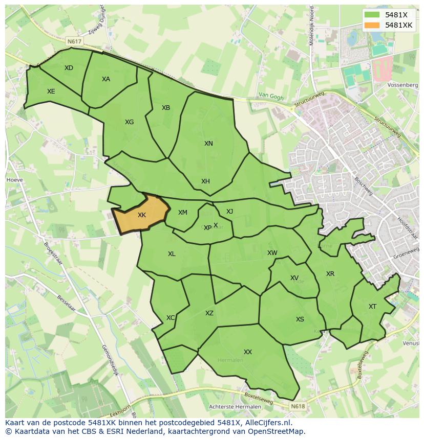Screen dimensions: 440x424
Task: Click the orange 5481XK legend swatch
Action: pyautogui.click(x=372, y=25)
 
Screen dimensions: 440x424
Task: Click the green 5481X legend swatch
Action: pyautogui.click(x=372, y=15)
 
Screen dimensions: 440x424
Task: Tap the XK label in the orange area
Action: pyautogui.click(x=142, y=215)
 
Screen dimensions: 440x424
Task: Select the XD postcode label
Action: pyautogui.click(x=69, y=68)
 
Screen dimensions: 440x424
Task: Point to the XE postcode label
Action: pyautogui.click(x=51, y=91)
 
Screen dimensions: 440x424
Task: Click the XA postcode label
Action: pyautogui.click(x=106, y=79)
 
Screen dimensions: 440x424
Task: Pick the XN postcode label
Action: pyautogui.click(x=208, y=144)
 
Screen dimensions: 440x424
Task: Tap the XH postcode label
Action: pyautogui.click(x=205, y=181)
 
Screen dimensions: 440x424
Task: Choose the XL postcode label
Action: pyautogui.click(x=172, y=254)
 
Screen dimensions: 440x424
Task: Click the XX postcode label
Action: pyautogui.click(x=248, y=352)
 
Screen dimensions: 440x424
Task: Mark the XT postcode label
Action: pyautogui.click(x=372, y=307)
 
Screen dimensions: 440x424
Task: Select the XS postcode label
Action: pyautogui.click(x=300, y=319)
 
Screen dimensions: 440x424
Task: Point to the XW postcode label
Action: pyautogui.click(x=272, y=253)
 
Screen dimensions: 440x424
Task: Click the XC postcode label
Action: pyautogui.click(x=171, y=318)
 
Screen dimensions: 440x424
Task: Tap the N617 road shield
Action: pyautogui.click(x=74, y=41)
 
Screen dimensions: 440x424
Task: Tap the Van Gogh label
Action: pyautogui.click(x=270, y=95)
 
